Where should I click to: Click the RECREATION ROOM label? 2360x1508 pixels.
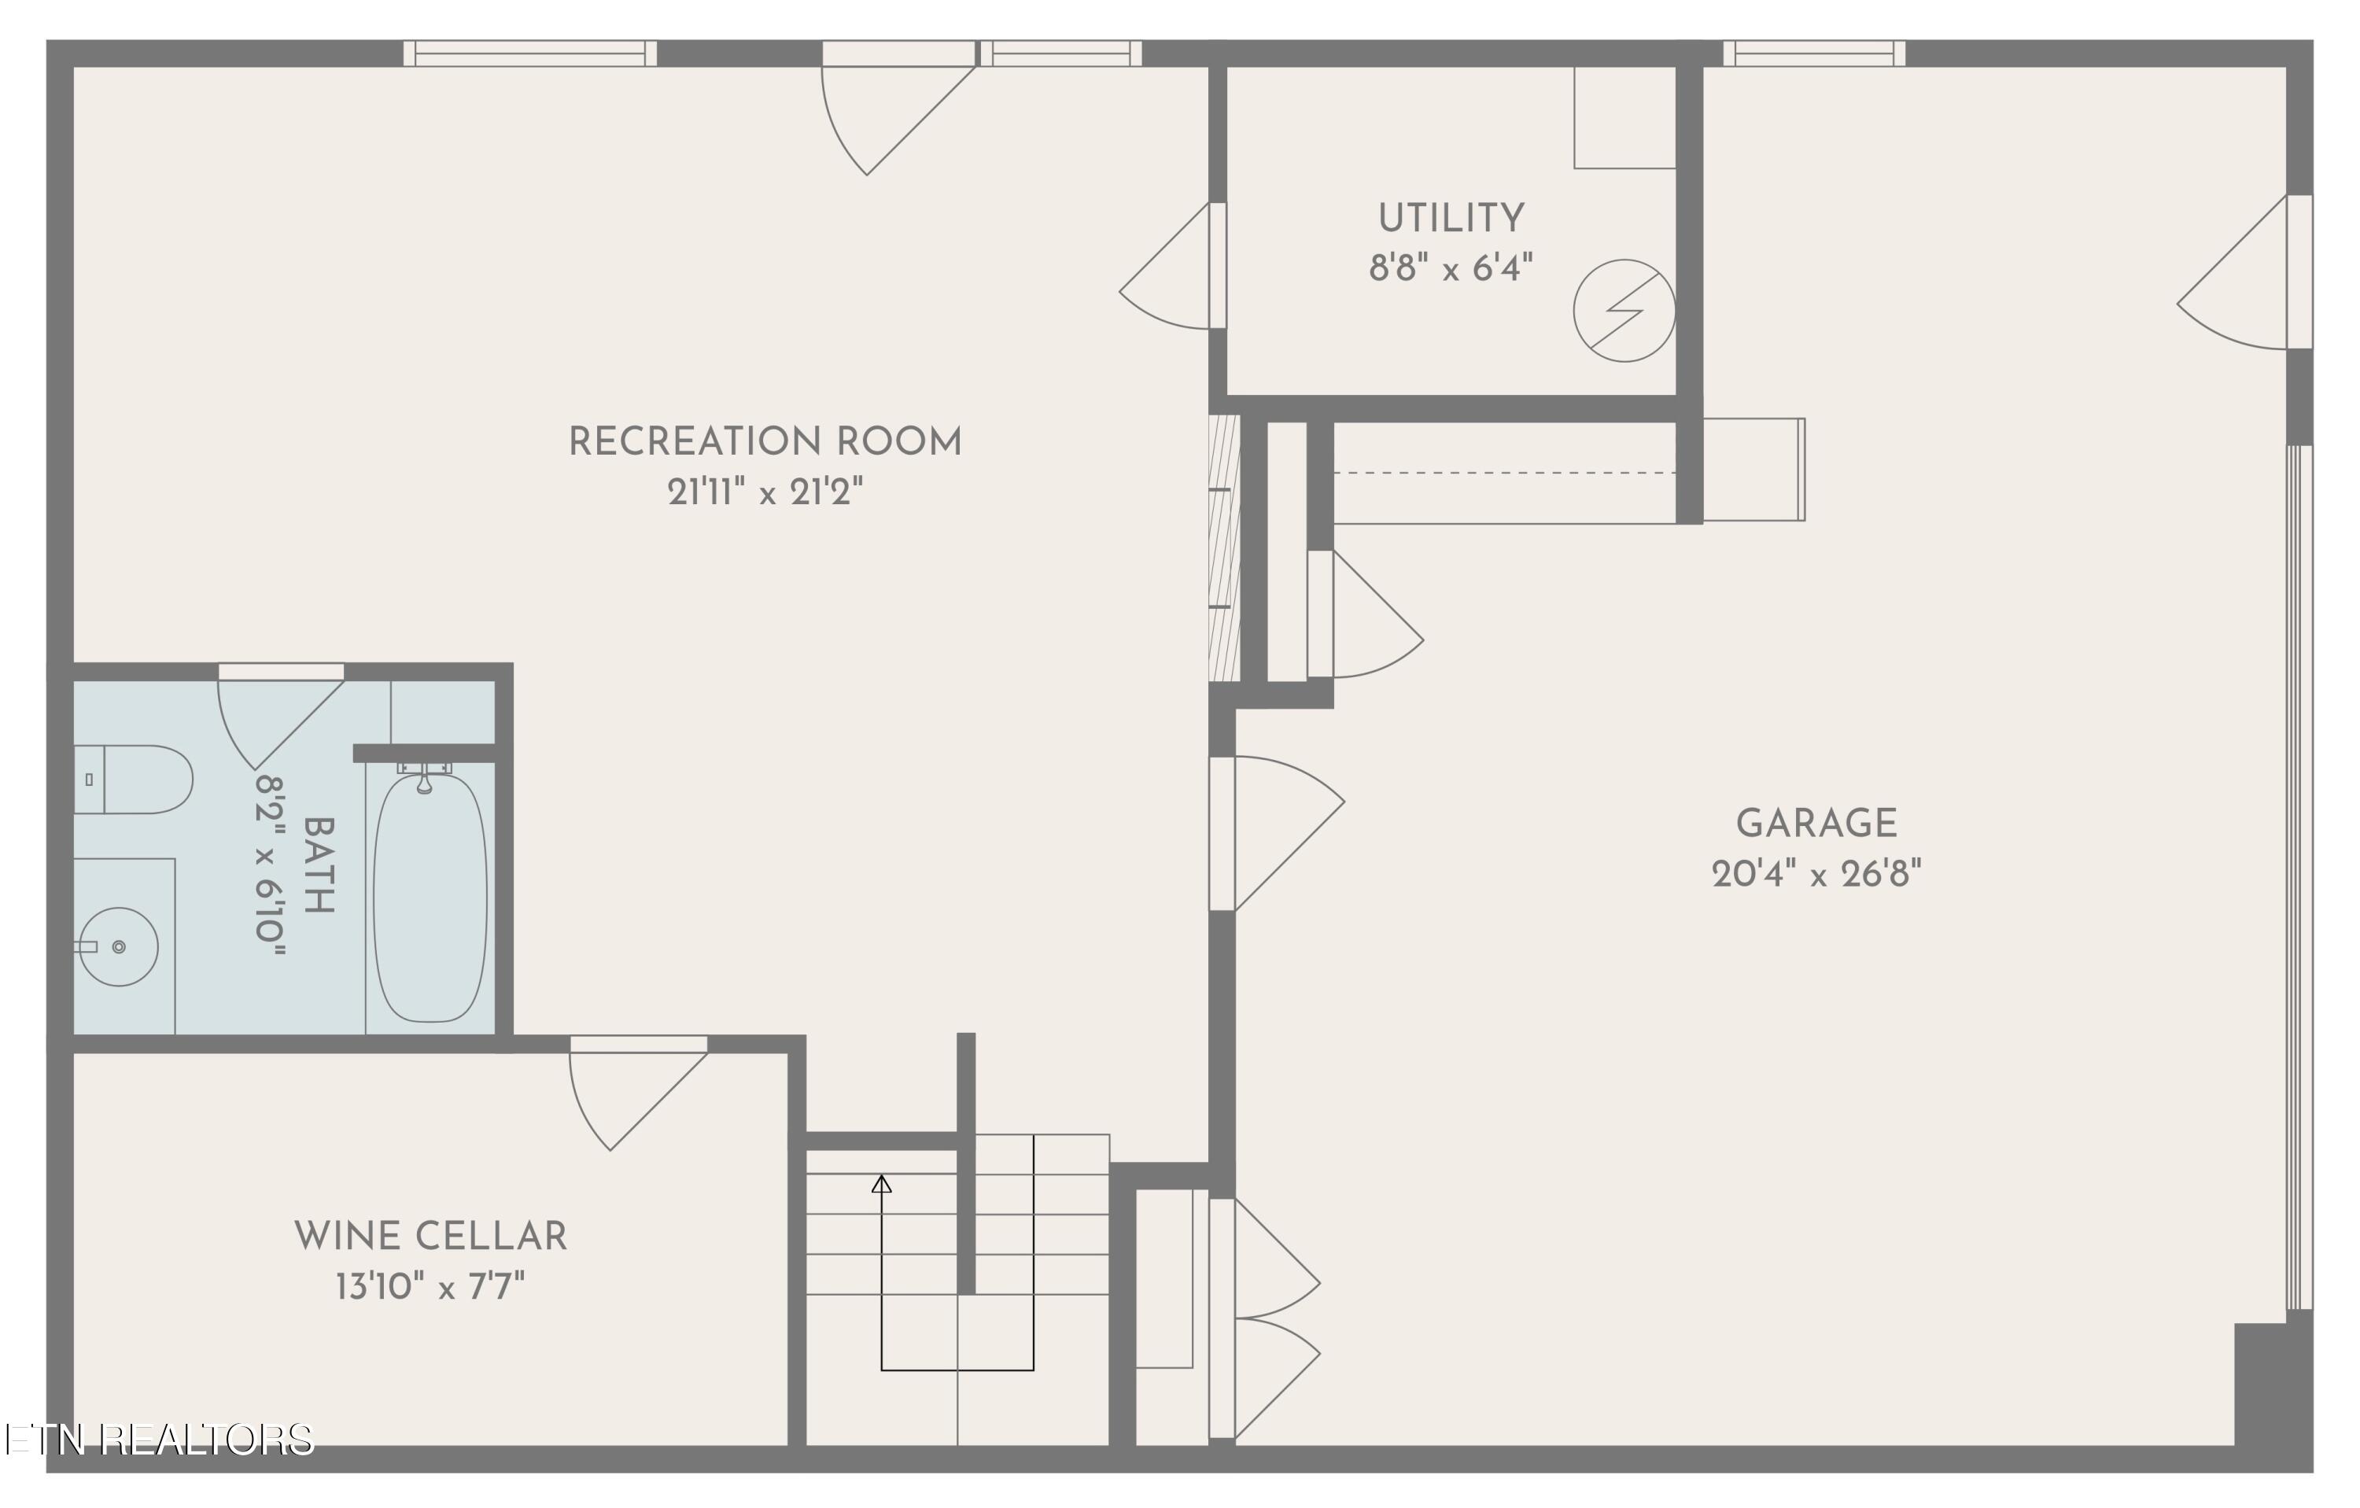point(765,442)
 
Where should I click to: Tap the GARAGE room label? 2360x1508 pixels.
point(1816,823)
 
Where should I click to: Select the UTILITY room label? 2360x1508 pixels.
point(1451,218)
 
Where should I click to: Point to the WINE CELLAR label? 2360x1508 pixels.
point(431,1237)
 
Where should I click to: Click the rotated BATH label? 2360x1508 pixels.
point(319,865)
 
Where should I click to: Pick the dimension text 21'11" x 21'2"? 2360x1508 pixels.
point(765,492)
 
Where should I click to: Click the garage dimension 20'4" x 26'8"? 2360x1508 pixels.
point(1816,873)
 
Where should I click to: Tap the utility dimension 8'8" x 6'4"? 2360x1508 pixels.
point(1451,267)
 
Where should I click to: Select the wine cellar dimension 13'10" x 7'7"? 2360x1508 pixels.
point(431,1286)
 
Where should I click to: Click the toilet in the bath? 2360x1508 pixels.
point(137,779)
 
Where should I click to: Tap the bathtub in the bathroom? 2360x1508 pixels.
point(430,897)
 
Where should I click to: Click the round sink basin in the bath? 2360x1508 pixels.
point(119,946)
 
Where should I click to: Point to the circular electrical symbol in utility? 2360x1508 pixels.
point(1624,311)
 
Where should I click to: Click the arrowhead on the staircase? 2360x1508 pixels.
point(881,1184)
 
